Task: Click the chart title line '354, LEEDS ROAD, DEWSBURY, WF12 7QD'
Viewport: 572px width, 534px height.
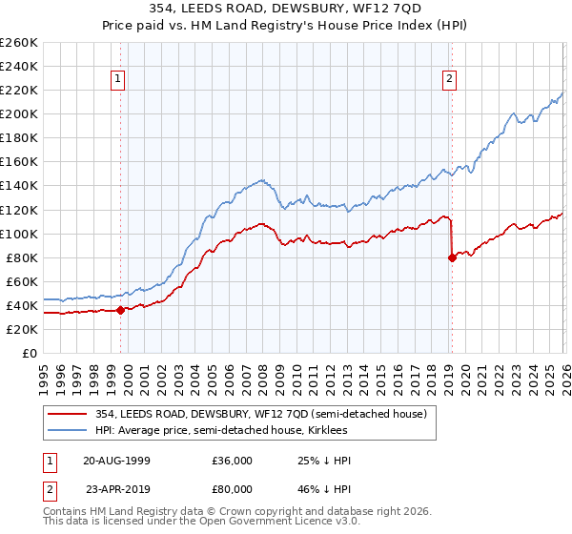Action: coord(286,8)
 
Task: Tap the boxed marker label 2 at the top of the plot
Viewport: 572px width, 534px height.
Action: coord(450,80)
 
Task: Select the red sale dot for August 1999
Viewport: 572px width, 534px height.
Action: coord(120,310)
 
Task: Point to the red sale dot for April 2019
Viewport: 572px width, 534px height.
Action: coord(451,257)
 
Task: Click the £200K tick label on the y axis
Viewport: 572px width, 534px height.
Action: coord(19,113)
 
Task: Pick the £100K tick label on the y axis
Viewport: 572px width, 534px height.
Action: coord(19,234)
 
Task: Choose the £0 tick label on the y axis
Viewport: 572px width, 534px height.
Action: coord(29,353)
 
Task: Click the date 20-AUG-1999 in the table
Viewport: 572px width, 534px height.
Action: coord(117,460)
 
